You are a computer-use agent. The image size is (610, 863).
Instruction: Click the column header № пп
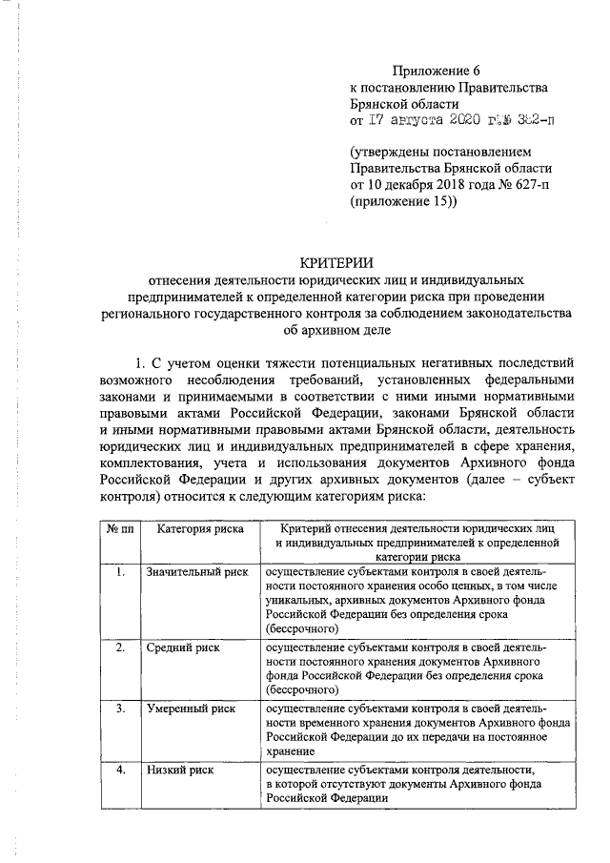tap(117, 528)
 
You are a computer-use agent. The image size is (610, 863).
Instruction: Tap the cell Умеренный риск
tap(191, 709)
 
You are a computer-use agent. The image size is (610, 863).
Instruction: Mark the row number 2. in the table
tap(118, 647)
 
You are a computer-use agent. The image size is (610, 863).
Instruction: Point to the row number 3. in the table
tap(118, 709)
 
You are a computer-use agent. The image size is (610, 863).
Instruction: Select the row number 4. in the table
tap(118, 771)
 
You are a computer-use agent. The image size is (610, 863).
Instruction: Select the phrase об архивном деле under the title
tap(332, 330)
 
